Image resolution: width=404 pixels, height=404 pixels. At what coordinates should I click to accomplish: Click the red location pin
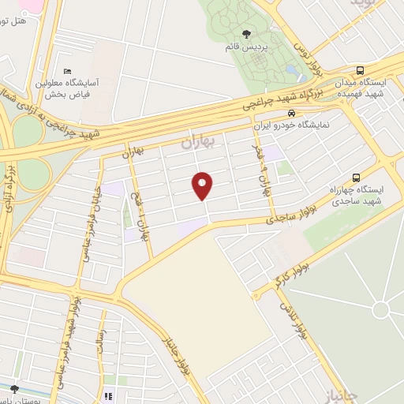(x=203, y=185)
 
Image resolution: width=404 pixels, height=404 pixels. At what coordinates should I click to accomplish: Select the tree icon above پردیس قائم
(x=246, y=34)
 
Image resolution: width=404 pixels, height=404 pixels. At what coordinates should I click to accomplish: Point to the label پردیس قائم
(x=246, y=47)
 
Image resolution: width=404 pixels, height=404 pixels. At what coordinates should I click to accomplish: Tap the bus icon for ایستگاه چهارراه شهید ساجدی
(x=356, y=178)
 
